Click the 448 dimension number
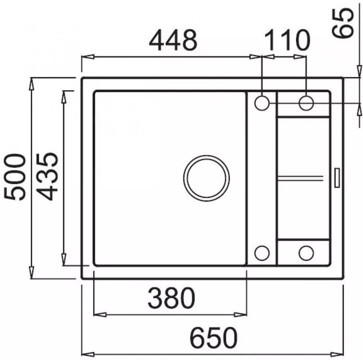tap(173, 40)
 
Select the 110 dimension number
tap(287, 40)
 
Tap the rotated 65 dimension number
tap(343, 23)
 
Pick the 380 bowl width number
tap(172, 297)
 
